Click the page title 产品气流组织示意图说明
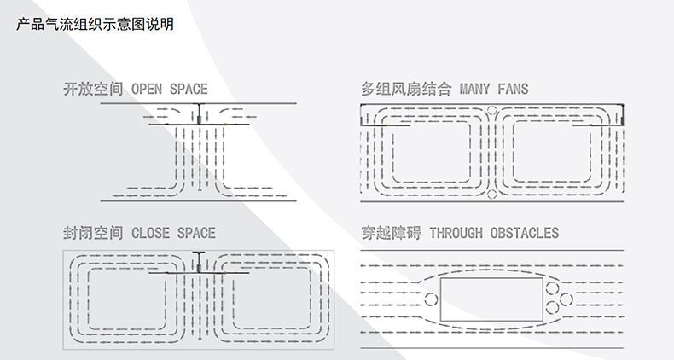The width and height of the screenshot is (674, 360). [x=95, y=24]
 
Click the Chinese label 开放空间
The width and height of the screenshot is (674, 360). [x=94, y=89]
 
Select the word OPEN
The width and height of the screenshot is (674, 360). [x=147, y=89]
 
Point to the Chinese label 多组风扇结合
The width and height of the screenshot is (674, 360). [x=407, y=89]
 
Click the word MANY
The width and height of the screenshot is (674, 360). [x=475, y=89]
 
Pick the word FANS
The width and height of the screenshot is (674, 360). [x=512, y=89]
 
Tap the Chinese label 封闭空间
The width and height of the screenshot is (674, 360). [x=94, y=233]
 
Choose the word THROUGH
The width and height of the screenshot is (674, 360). [x=456, y=233]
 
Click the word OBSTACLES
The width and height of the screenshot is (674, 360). [x=524, y=233]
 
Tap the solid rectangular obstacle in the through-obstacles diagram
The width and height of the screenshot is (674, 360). [x=491, y=299]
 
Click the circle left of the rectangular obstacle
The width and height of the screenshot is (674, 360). [x=431, y=299]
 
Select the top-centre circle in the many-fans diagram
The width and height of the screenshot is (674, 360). [x=491, y=109]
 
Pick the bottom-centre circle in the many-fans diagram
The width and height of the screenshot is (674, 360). [x=491, y=195]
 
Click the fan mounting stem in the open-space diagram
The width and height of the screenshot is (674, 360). [x=199, y=113]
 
